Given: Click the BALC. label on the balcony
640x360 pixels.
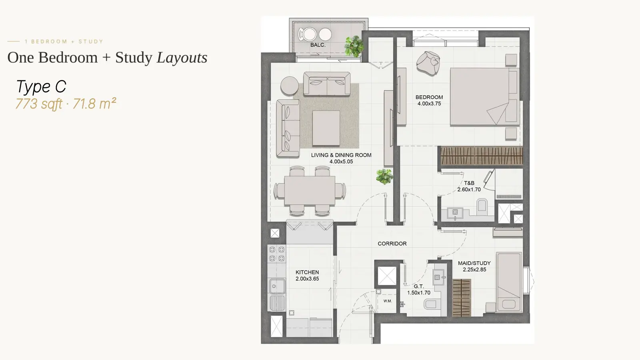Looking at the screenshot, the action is coord(318,45).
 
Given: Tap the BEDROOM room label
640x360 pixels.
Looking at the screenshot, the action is coord(429,97).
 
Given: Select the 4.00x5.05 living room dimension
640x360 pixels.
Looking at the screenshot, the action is coord(341,162).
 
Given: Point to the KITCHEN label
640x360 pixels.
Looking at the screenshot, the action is coord(307,272).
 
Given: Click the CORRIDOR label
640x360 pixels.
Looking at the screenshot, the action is coord(392,244).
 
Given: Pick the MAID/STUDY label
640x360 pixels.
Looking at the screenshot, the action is coord(474,263).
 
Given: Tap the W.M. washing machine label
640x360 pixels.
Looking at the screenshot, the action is coord(388,301).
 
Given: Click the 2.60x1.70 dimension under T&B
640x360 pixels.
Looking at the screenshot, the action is coord(469,190).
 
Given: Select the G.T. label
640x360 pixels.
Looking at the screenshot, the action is coord(418,286).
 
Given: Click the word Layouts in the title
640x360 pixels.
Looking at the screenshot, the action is coord(182,58).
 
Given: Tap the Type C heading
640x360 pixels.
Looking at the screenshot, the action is coord(41,86).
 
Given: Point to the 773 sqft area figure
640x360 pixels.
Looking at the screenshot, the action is coord(39,104).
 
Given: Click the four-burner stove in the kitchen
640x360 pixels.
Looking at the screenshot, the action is coord(276,254).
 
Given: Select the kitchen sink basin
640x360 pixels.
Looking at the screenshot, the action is coord(276,286).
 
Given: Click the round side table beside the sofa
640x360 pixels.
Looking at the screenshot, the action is coord(290,86).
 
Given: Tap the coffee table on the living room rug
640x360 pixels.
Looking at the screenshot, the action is coord(326,128).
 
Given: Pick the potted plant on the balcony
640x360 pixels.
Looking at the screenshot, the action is coord(354,46).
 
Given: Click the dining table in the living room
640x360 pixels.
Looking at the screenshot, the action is coord(310,190).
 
